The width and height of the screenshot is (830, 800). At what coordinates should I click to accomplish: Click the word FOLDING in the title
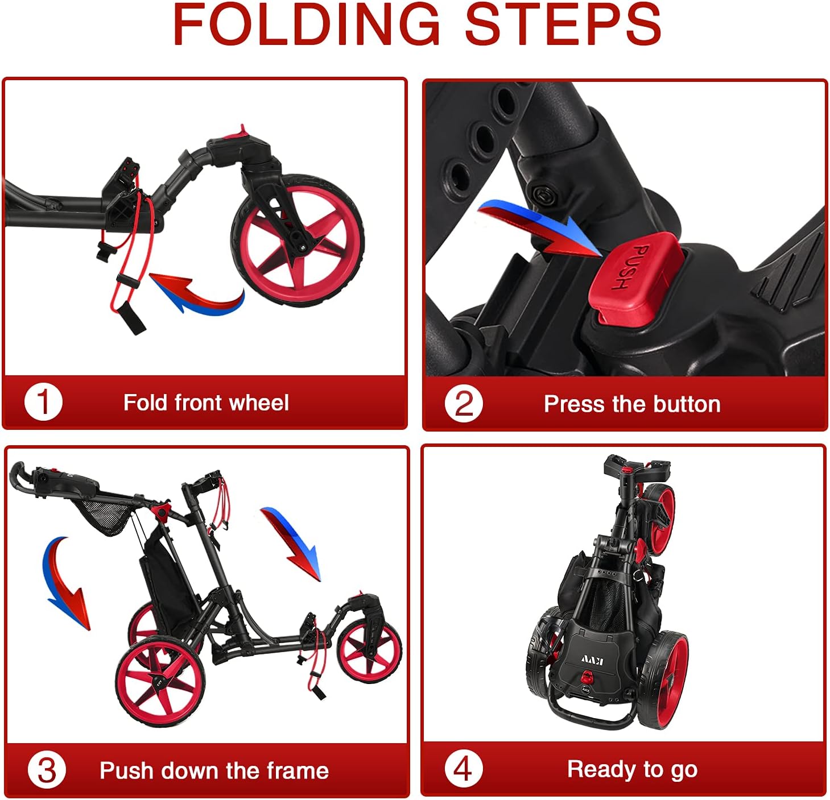[x=307, y=25]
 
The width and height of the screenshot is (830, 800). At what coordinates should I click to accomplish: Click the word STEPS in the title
[x=563, y=25]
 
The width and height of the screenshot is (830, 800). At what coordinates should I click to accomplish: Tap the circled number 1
[x=43, y=402]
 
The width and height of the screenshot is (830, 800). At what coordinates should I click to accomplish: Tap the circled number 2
[x=463, y=404]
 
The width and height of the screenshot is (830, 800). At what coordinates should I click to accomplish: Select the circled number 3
[x=46, y=770]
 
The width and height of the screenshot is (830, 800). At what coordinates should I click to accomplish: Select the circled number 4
[x=463, y=769]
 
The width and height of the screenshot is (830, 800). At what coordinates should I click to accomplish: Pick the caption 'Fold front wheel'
[x=206, y=403]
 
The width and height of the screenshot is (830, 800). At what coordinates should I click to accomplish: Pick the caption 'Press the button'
[x=631, y=404]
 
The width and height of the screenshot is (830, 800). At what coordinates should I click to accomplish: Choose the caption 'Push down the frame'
[x=214, y=771]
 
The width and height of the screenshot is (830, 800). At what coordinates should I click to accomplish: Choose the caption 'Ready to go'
[x=632, y=769]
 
